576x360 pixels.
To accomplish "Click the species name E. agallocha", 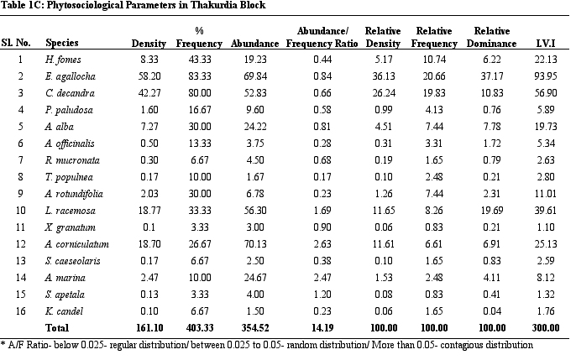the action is click(71, 76).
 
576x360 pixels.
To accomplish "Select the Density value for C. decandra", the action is click(149, 93).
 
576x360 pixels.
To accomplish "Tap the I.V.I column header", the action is click(546, 44).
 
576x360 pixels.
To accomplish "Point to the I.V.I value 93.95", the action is click(546, 76).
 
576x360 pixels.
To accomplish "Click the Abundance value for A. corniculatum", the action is click(255, 244).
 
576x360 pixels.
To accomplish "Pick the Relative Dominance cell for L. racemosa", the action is click(491, 211).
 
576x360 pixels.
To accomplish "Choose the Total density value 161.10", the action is click(149, 328).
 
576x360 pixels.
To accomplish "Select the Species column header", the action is click(62, 43).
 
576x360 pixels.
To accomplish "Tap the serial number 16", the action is click(20, 311).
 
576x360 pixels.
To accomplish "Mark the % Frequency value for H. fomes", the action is click(200, 59).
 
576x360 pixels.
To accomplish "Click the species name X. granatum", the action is click(70, 228).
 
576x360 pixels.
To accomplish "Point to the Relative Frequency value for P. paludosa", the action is click(434, 110).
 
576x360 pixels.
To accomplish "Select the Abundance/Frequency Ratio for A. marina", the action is click(322, 278).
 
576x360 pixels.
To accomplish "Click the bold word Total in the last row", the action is click(57, 328).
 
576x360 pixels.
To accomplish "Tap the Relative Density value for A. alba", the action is click(383, 127).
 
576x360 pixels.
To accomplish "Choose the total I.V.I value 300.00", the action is click(546, 328).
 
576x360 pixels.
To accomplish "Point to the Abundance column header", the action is click(255, 44).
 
